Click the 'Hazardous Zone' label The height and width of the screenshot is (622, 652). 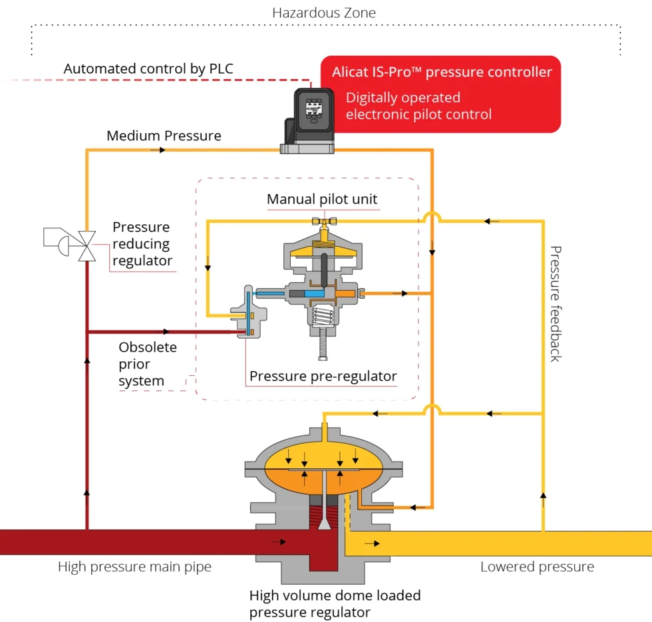tap(324, 13)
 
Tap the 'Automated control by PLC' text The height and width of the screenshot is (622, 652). tap(148, 69)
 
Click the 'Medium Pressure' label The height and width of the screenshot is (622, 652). tap(164, 136)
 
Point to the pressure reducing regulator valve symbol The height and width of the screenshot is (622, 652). tap(86, 245)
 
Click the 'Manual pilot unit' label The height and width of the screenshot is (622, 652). tap(321, 199)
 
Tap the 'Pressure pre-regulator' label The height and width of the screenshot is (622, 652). tap(323, 376)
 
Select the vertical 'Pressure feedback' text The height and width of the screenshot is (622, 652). tap(556, 303)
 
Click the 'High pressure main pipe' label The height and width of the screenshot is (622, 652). tap(134, 567)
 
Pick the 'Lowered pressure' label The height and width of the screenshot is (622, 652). tap(537, 567)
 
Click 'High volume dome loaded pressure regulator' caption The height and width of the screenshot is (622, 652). tap(335, 603)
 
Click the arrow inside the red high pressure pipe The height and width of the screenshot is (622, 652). tap(278, 542)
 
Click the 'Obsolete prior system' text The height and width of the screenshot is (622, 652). tap(148, 364)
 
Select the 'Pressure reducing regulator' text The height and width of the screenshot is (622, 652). tap(142, 243)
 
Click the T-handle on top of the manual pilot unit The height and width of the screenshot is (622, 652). tap(323, 221)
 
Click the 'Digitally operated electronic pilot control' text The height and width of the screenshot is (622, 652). tap(418, 106)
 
